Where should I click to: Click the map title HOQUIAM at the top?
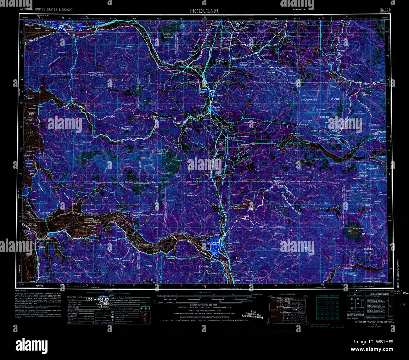[204, 10]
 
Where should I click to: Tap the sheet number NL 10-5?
[385, 10]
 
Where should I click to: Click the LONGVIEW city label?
[213, 243]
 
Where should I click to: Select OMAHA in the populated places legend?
[98, 302]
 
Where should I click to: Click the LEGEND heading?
[109, 290]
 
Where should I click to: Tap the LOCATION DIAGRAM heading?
[287, 294]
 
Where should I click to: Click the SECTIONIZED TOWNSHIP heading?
[327, 296]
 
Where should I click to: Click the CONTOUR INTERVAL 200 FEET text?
[204, 305]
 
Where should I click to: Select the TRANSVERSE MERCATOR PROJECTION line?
[204, 310]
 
